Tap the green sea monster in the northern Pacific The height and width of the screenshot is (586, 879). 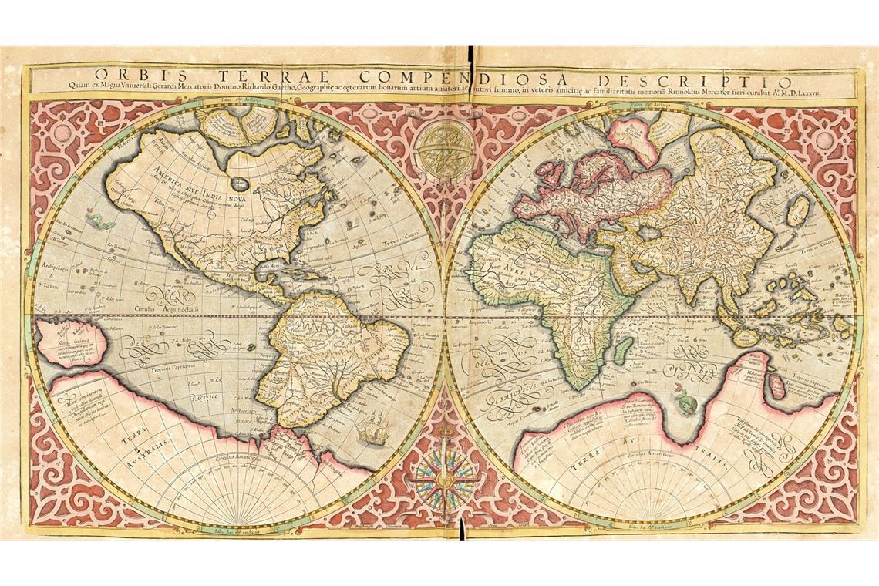tap(99, 223)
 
